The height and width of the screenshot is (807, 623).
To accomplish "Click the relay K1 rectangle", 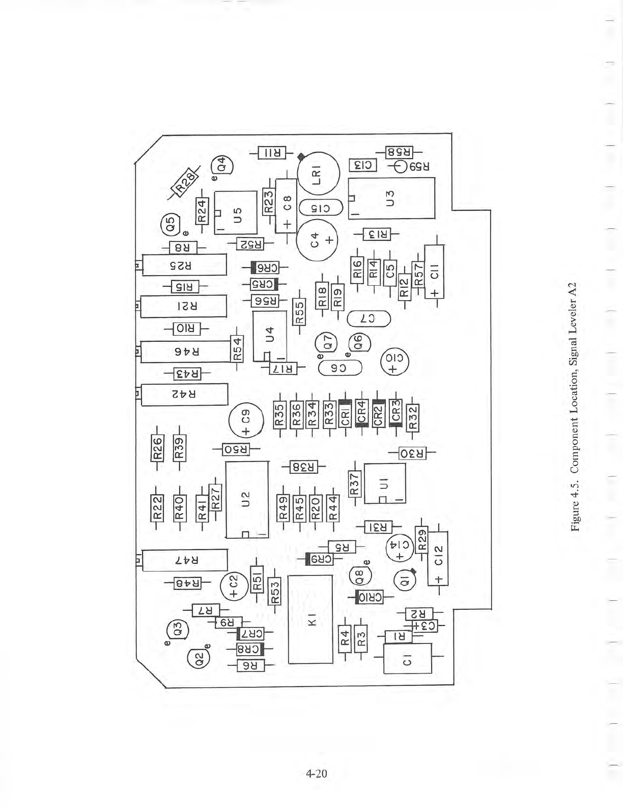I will point(310,620).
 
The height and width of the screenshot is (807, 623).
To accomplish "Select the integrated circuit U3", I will point(391,198).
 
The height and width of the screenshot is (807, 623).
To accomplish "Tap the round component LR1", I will point(318,175).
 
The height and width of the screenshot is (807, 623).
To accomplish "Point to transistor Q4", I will point(222,165).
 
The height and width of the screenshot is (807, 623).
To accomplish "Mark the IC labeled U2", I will point(247,499).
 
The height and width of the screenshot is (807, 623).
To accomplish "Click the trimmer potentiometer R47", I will point(185,560).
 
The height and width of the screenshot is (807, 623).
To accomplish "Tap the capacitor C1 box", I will point(408,658).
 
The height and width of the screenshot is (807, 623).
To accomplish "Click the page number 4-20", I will point(317,773).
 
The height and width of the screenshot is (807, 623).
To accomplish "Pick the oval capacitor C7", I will point(369,319).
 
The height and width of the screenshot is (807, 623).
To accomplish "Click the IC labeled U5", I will point(236,212).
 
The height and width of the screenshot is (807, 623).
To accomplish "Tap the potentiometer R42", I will point(185,395).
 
